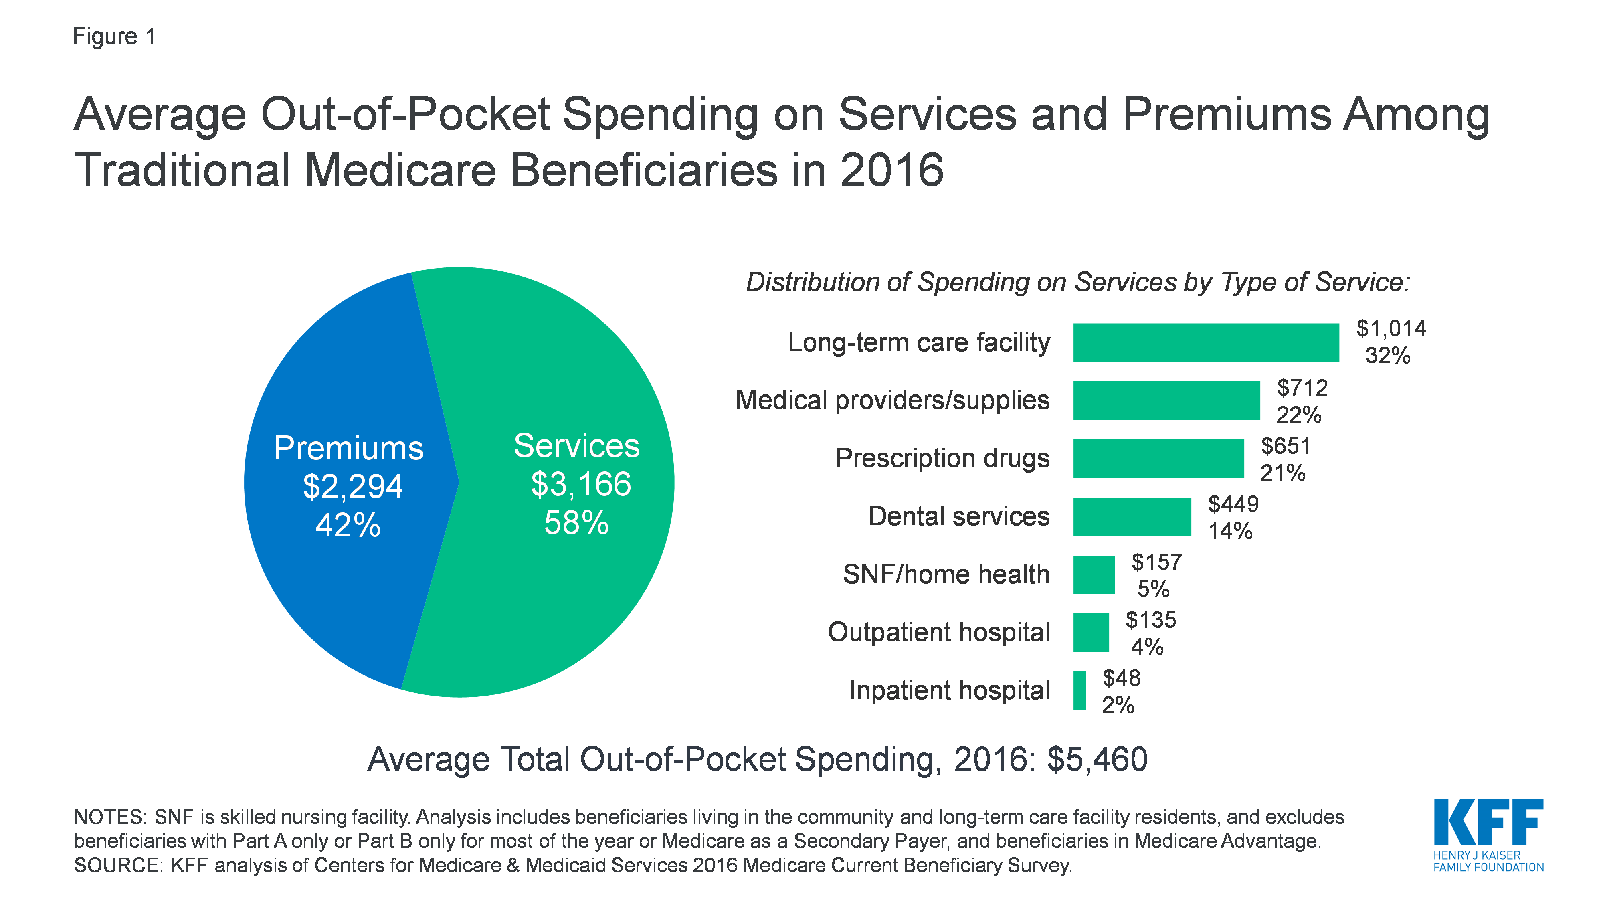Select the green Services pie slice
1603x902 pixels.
(x=560, y=591)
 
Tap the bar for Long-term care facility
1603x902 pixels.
(x=1205, y=342)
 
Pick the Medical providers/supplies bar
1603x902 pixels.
(x=1166, y=400)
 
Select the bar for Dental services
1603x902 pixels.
(x=1131, y=517)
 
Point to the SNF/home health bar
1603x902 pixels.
(x=1094, y=574)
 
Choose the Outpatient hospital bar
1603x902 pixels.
(x=1091, y=633)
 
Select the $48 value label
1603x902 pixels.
(x=1121, y=678)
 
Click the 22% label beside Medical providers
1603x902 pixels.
(x=1299, y=415)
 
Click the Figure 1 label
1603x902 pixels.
(x=114, y=37)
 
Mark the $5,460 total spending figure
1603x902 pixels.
(x=1097, y=759)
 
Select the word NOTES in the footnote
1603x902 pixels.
(x=109, y=817)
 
